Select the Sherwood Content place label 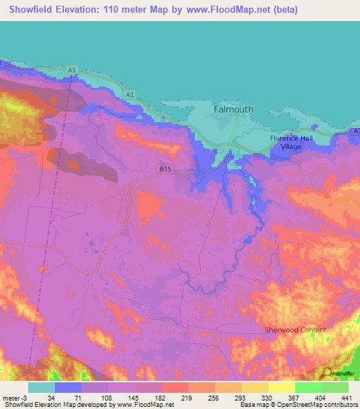[295, 330]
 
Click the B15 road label [165, 169]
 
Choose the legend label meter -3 [14, 398]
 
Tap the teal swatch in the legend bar [41, 387]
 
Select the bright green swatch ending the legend [335, 387]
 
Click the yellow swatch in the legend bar [281, 387]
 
